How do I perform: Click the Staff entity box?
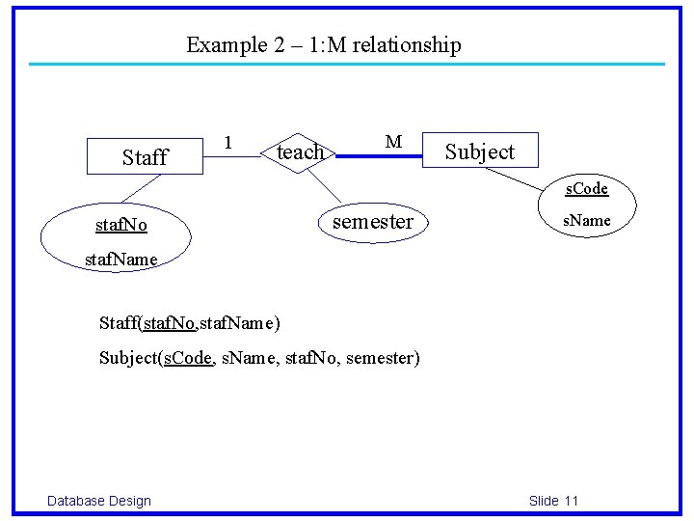[146, 156]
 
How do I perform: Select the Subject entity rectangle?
[479, 151]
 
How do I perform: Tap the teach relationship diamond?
[300, 151]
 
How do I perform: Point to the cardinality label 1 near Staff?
[227, 142]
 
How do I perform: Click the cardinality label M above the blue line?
[393, 142]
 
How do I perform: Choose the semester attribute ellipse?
[372, 222]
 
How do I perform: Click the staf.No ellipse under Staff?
[120, 226]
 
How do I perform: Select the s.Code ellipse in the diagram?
[586, 188]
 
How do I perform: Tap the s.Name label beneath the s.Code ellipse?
[587, 220]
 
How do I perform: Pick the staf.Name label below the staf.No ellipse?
[120, 260]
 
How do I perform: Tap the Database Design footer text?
[99, 500]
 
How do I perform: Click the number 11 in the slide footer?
[571, 500]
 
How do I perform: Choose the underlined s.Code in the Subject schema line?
[188, 358]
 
